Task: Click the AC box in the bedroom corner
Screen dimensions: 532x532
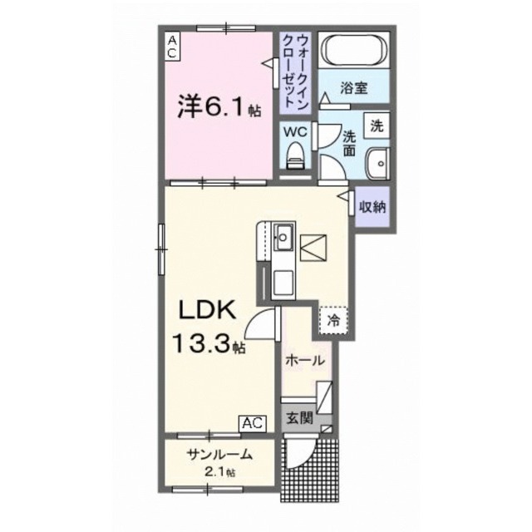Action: coord(171,46)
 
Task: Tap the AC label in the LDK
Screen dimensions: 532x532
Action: coord(253,423)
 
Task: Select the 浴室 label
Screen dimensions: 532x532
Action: coord(354,87)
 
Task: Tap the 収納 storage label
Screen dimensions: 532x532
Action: coord(372,207)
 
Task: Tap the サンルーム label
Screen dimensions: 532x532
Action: coord(219,456)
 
